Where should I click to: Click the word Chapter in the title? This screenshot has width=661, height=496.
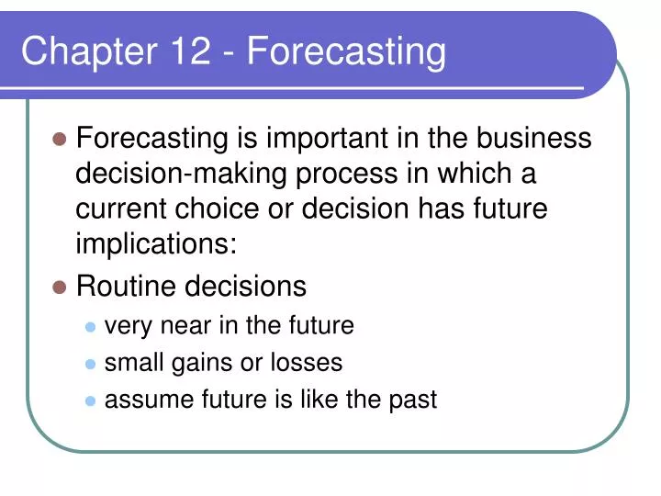pos(74,51)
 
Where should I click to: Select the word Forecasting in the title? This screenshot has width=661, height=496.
pos(346,51)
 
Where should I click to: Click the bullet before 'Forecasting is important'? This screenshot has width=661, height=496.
pos(60,140)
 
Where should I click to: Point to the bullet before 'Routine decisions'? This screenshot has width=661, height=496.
pos(60,287)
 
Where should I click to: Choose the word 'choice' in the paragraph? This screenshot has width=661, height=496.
pos(235,209)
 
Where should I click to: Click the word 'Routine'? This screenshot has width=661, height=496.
pos(129,287)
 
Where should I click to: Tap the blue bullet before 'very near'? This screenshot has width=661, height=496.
pos(90,327)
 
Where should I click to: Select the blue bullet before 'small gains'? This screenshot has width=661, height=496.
pos(90,364)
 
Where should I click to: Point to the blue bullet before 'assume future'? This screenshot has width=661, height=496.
pos(90,400)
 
